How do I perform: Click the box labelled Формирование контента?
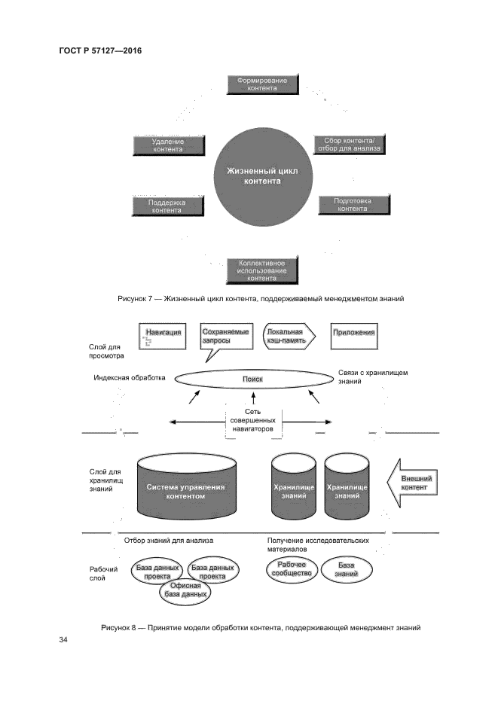(262, 84)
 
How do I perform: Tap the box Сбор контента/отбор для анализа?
(348, 145)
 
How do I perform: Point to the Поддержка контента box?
(167, 207)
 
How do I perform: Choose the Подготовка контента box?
(352, 205)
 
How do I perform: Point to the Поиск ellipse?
(252, 380)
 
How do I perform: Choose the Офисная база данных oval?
(185, 590)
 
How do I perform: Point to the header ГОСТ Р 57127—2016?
(100, 50)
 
